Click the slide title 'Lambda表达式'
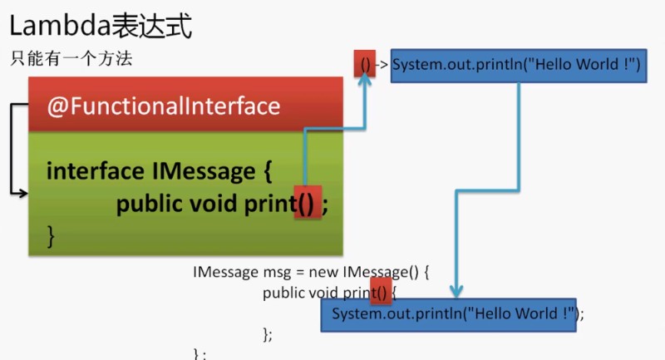(x=101, y=26)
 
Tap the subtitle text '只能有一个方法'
(x=71, y=59)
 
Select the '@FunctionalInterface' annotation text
(x=163, y=106)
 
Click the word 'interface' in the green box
(x=92, y=172)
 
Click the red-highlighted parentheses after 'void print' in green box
(x=307, y=204)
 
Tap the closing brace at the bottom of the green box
(x=51, y=235)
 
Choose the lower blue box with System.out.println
(x=449, y=314)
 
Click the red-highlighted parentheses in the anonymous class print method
(x=380, y=292)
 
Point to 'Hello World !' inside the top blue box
(x=582, y=65)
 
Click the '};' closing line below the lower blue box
(x=267, y=334)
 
